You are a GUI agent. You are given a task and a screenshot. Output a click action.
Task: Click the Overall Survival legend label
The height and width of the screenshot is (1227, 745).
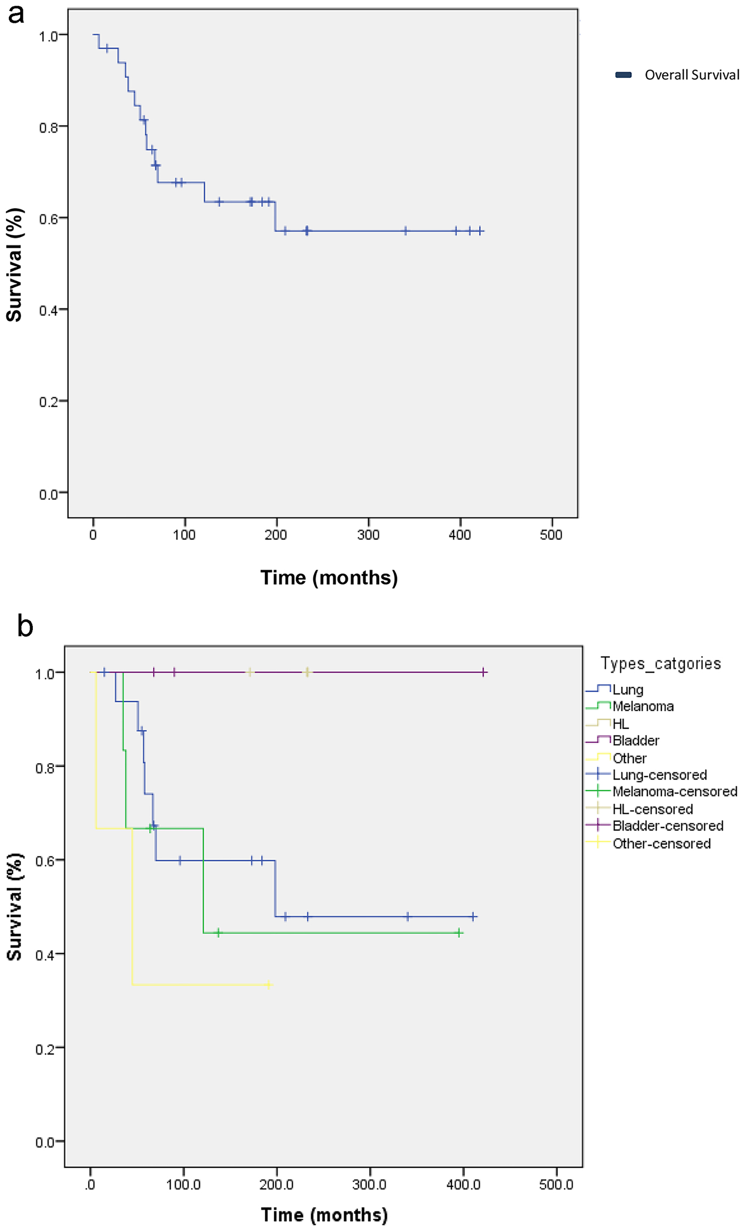(691, 75)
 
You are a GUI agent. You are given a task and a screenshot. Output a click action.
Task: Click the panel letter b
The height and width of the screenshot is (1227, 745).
(24, 626)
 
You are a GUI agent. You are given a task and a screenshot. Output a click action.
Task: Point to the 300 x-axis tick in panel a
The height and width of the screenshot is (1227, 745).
(368, 535)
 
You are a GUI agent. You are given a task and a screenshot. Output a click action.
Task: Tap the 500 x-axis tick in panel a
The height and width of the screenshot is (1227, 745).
(551, 535)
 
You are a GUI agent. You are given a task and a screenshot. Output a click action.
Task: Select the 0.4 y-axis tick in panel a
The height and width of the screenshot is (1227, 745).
(48, 310)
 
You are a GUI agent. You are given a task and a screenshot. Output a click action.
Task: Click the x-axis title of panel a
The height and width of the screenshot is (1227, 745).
(329, 578)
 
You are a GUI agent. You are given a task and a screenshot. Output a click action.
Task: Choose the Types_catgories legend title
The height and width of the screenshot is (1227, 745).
(660, 663)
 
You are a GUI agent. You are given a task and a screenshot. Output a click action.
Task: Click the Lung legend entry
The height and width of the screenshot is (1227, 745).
(628, 689)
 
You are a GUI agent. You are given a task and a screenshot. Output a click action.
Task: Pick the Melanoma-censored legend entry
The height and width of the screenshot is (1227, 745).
(674, 791)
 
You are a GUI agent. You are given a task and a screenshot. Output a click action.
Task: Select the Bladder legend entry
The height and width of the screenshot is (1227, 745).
(635, 740)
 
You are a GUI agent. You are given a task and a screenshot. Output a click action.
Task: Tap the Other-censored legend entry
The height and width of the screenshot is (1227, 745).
(661, 843)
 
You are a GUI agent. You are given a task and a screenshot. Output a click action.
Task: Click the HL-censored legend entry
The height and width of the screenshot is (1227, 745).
(653, 809)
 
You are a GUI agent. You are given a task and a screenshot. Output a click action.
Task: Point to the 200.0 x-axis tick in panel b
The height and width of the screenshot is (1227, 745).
(276, 1184)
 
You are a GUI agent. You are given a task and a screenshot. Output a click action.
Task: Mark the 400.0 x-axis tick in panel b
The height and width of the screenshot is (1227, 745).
(463, 1184)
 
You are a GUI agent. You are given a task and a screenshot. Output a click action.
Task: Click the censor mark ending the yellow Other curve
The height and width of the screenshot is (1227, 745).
(269, 984)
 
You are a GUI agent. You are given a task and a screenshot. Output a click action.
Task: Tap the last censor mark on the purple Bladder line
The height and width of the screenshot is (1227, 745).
(484, 672)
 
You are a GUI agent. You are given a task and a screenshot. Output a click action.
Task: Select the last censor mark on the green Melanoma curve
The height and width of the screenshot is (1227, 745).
(459, 933)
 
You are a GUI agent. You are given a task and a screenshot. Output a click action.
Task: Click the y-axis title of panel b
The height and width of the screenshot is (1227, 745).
(15, 906)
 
